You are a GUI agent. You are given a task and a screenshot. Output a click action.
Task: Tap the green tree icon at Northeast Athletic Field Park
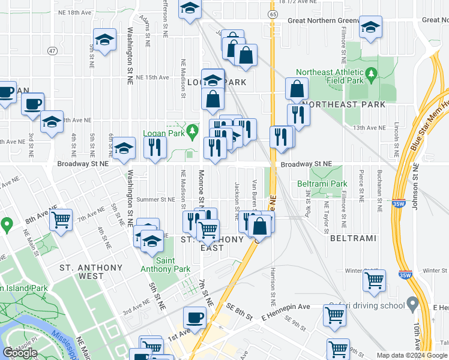point(372,74)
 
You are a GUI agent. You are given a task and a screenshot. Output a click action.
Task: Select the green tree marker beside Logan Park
point(193,131)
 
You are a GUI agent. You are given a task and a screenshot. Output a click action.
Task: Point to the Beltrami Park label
point(322,184)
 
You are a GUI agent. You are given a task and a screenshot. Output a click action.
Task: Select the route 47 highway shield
point(53,51)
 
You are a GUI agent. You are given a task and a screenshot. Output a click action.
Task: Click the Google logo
point(20,353)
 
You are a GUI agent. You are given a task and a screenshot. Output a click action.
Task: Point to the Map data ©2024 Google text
point(411,355)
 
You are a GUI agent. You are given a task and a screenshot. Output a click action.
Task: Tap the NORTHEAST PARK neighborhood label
point(343,104)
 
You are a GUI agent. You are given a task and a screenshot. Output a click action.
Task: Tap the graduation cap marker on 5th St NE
point(105,40)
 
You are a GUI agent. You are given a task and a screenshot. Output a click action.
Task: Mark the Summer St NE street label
point(155,199)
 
